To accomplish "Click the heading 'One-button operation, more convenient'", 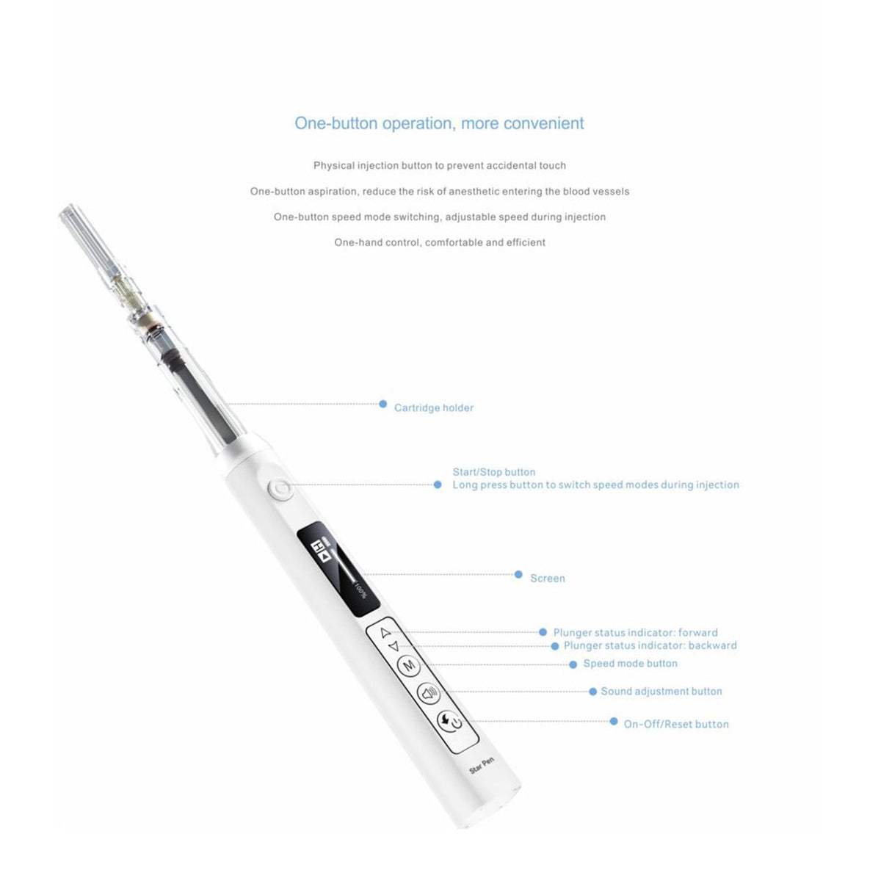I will (x=439, y=123).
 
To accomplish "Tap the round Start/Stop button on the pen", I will (x=280, y=489).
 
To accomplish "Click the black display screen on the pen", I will (x=338, y=570).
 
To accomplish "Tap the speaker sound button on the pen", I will (x=429, y=692).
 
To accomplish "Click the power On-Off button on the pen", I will (x=449, y=722).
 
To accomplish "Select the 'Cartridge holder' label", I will (x=434, y=407).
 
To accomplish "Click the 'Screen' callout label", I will (x=548, y=579).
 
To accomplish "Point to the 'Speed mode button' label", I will (x=630, y=664).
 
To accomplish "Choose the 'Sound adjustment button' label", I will (x=661, y=692).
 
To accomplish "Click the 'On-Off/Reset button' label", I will (x=676, y=724).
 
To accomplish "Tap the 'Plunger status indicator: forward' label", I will (x=635, y=633).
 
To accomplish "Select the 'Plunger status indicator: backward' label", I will (x=650, y=646).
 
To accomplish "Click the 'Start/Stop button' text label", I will (x=493, y=472).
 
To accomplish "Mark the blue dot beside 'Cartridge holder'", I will (x=383, y=404).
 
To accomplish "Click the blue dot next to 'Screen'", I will (x=518, y=575).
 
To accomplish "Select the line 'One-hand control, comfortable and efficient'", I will (x=439, y=242).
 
